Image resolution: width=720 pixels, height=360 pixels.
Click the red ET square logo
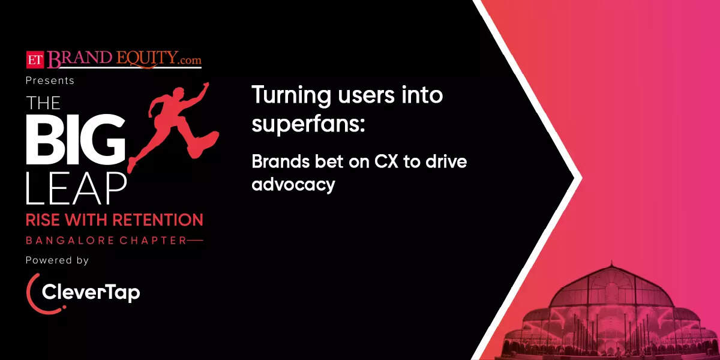(x=35, y=60)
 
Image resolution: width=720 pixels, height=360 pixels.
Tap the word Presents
(x=50, y=80)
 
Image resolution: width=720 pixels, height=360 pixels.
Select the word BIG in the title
(x=76, y=139)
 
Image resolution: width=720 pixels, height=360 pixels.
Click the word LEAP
(x=76, y=188)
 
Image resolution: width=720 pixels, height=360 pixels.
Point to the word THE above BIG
(x=43, y=103)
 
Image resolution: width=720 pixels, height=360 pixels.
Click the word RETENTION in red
(x=158, y=220)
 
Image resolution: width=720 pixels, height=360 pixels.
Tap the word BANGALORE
(x=70, y=241)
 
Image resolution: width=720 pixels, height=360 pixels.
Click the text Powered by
(x=57, y=260)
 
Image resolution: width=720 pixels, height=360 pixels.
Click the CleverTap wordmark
(x=91, y=293)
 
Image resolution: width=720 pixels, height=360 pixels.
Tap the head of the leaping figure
(x=179, y=92)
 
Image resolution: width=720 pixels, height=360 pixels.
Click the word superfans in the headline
(x=308, y=124)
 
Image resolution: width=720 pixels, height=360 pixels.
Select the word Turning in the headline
(x=291, y=96)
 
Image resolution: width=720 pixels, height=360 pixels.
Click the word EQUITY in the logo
(x=146, y=59)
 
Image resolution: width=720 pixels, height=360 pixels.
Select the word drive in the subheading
(x=446, y=161)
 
